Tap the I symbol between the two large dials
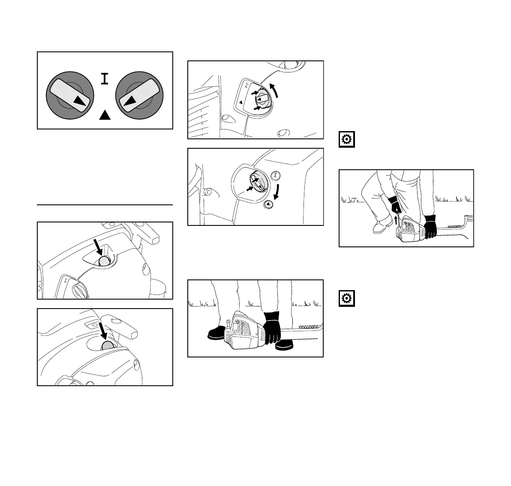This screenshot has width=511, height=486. [x=104, y=78]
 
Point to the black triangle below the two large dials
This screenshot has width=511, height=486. [x=104, y=114]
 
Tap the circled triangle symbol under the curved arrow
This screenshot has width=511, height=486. [x=268, y=204]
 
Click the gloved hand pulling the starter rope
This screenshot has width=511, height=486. [x=395, y=205]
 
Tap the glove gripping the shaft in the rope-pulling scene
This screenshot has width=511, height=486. [x=430, y=226]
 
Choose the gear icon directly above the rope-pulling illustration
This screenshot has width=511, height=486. [x=346, y=140]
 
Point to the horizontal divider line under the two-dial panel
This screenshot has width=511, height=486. [x=105, y=205]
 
